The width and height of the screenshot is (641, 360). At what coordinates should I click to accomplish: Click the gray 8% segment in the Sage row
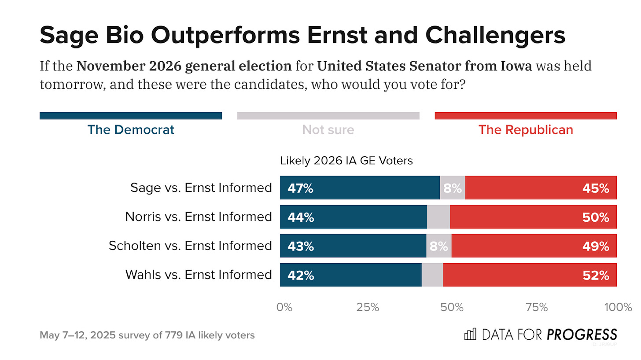(452, 188)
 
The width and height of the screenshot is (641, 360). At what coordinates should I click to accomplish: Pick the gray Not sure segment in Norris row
(438, 217)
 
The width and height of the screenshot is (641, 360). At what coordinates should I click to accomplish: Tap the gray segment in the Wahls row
(432, 275)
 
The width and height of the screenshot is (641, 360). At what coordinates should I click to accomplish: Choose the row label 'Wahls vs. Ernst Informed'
(199, 275)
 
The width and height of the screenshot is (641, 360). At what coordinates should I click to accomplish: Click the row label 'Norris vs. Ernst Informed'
(198, 217)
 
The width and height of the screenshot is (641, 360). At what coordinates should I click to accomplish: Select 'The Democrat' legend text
(131, 130)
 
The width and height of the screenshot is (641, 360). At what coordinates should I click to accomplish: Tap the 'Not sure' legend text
(328, 130)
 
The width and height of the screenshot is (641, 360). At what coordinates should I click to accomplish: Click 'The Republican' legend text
(526, 130)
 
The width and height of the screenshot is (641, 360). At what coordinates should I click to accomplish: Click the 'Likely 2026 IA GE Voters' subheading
(346, 161)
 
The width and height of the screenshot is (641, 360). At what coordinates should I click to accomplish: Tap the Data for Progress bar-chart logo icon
(471, 334)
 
